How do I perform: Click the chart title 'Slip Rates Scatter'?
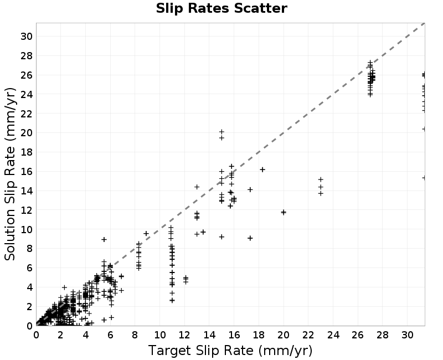click(221, 8)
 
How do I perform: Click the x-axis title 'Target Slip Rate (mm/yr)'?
click(230, 351)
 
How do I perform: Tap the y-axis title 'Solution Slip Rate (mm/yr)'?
click(10, 174)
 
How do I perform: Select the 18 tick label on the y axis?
click(27, 152)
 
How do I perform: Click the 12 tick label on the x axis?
click(184, 335)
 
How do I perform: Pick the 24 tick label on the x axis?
click(333, 335)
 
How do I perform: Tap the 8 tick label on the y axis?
click(29, 249)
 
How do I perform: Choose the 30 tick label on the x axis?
click(408, 335)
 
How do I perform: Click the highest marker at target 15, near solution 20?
click(222, 132)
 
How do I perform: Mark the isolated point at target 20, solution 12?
click(284, 212)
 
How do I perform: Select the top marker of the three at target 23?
click(321, 179)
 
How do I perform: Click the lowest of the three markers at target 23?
click(321, 193)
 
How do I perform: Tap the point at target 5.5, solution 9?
click(104, 240)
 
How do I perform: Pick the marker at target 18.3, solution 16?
click(262, 169)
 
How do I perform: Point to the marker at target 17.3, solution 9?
click(250, 238)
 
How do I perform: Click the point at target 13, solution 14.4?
click(197, 187)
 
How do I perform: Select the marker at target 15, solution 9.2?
click(222, 237)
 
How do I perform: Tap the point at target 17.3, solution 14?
click(250, 189)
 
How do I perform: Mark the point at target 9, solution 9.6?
click(146, 233)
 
